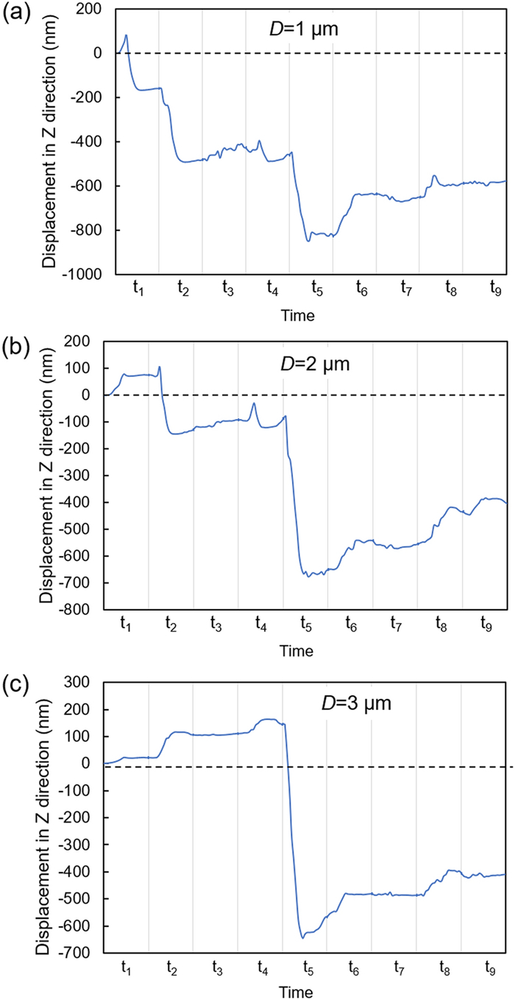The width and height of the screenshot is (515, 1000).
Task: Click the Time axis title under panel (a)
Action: pos(300,316)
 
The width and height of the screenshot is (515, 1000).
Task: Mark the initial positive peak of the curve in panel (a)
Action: pos(127,35)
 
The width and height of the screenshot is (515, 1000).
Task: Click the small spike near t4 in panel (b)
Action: pos(254,403)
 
